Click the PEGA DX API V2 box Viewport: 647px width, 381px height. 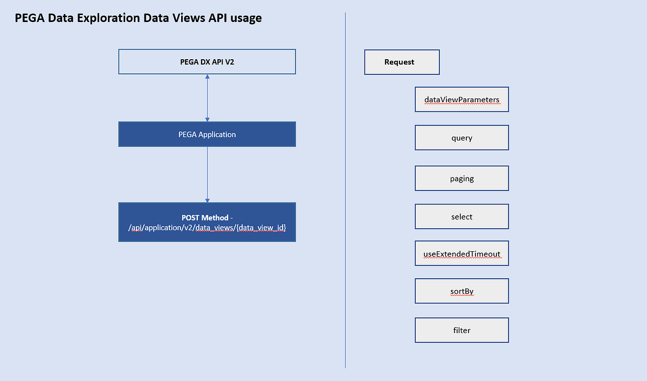click(207, 62)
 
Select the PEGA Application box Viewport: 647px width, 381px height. click(207, 134)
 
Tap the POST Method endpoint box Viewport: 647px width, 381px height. click(207, 222)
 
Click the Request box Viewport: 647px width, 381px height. click(402, 62)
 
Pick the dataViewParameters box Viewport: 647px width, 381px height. click(462, 100)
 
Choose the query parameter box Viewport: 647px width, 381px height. click(462, 138)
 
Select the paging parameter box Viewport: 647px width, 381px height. click(462, 178)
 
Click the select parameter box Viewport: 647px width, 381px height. click(462, 216)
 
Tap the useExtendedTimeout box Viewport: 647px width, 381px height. click(462, 253)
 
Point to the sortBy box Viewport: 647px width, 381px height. click(462, 291)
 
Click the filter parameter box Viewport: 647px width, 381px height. click(462, 330)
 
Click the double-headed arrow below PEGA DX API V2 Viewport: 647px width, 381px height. click(207, 98)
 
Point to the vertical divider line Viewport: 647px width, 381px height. click(345, 188)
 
